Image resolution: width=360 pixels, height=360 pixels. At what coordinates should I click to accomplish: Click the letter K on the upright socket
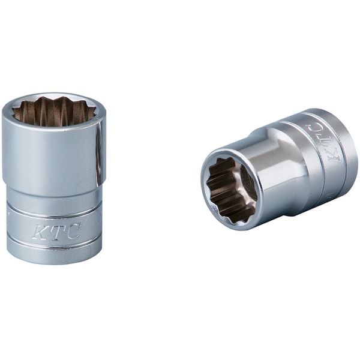click(x=39, y=232)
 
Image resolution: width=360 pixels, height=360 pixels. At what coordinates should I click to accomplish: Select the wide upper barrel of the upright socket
click(x=54, y=149)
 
